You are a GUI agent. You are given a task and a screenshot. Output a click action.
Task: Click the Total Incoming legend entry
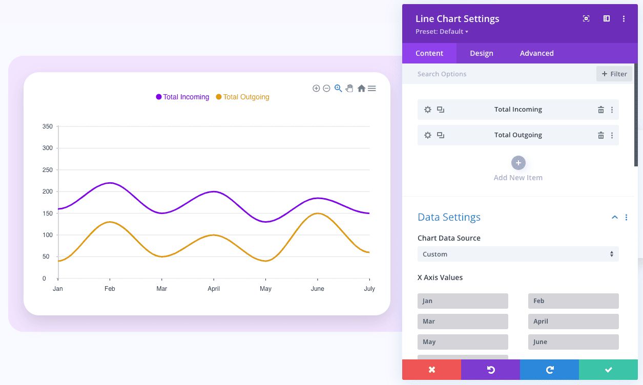tap(183, 97)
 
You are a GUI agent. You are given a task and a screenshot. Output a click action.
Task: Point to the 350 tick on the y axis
tap(48, 126)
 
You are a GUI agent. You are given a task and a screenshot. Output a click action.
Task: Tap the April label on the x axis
tap(214, 289)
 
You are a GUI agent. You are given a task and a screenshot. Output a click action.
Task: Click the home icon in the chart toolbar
tap(361, 89)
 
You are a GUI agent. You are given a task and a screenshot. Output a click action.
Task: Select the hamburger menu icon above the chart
tap(372, 89)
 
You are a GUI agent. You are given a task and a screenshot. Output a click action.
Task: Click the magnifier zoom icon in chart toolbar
tap(338, 89)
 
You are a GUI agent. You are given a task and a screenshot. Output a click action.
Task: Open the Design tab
tap(482, 53)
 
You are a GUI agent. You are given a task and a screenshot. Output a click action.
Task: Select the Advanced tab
tap(536, 53)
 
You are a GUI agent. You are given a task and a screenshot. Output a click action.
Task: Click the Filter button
tap(614, 74)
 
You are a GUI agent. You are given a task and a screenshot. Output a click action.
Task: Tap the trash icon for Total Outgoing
tap(601, 135)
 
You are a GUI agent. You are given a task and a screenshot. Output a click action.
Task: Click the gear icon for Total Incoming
tap(428, 110)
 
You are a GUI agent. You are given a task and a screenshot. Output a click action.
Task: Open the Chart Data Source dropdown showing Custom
tap(518, 254)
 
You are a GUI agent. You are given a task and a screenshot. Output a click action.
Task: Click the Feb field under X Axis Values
tap(573, 301)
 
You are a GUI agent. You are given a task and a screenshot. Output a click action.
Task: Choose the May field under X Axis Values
tap(463, 342)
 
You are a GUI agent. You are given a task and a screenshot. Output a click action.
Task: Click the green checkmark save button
tap(608, 370)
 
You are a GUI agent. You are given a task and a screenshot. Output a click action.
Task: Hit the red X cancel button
tap(431, 370)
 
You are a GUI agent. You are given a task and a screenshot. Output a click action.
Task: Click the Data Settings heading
tap(449, 217)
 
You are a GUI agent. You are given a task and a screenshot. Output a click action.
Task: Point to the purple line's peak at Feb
tap(110, 183)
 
